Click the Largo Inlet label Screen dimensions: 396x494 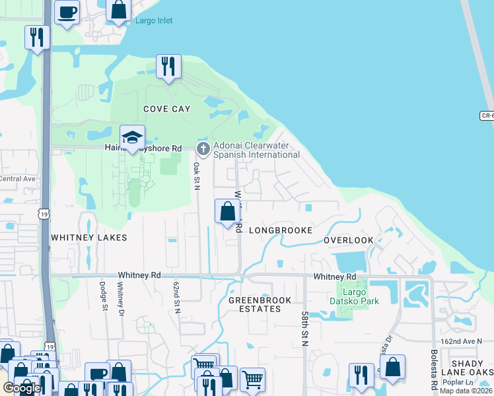click(x=153, y=20)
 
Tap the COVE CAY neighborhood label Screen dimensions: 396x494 click(x=167, y=109)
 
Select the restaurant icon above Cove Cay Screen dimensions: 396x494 click(x=168, y=67)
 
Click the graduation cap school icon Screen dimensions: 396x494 click(x=133, y=138)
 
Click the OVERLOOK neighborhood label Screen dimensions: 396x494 click(x=348, y=240)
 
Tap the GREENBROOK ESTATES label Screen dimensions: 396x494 click(x=255, y=304)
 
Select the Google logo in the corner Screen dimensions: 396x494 click(x=22, y=387)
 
